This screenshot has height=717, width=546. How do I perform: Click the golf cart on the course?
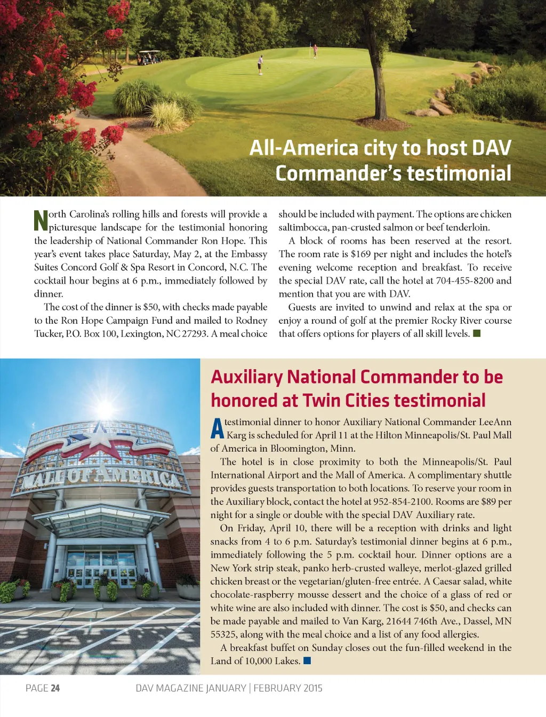point(149,57)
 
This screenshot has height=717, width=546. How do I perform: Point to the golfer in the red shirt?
point(315,51)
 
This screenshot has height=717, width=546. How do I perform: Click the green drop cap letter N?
point(41,220)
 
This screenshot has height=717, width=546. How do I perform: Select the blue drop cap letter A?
point(216,428)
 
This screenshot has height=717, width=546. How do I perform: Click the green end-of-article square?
point(477,333)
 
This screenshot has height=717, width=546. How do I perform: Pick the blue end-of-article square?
point(307,661)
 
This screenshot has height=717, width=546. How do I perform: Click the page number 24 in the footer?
point(55,688)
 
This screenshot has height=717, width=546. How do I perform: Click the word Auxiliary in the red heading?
point(246,377)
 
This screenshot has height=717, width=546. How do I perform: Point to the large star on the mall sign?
point(100,436)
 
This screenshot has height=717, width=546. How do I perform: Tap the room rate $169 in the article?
point(360,254)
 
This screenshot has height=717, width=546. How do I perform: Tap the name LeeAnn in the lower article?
point(495,421)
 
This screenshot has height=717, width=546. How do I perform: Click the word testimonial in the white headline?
point(459,173)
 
